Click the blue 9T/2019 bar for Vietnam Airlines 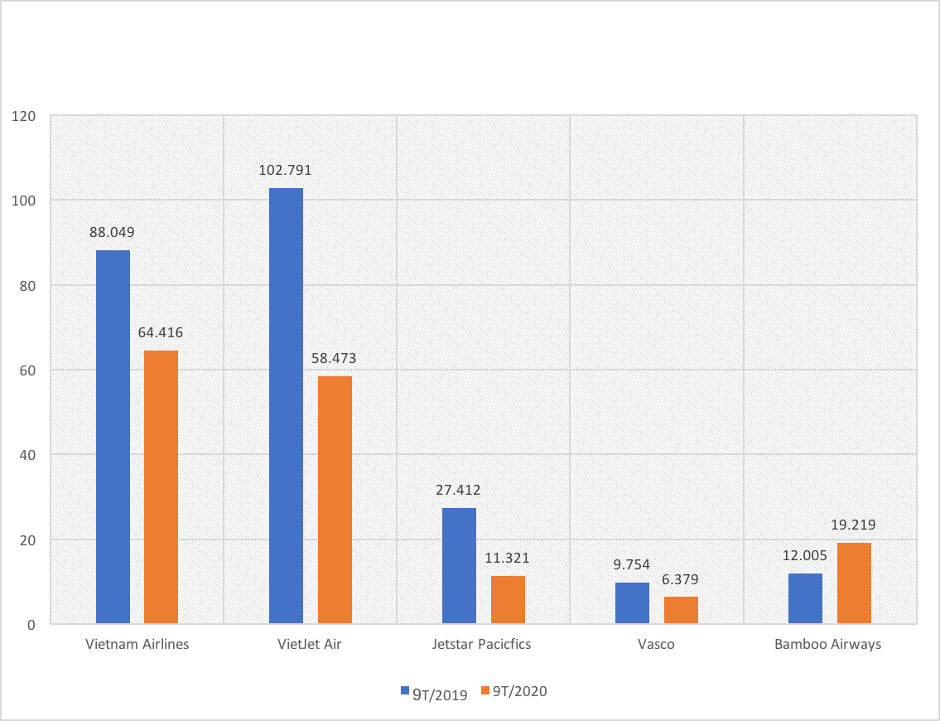[113, 437]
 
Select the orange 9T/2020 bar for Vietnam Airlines [161, 486]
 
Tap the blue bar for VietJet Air [287, 405]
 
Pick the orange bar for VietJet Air [335, 500]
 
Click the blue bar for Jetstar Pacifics [459, 565]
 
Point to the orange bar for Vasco [681, 610]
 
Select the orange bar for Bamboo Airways [854, 583]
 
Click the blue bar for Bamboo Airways [805, 598]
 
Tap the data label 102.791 [286, 171]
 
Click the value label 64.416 [161, 333]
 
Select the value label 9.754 [633, 564]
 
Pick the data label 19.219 [853, 525]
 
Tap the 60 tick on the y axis [27, 370]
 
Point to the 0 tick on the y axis [31, 624]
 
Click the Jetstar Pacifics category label [481, 644]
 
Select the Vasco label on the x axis [657, 644]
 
